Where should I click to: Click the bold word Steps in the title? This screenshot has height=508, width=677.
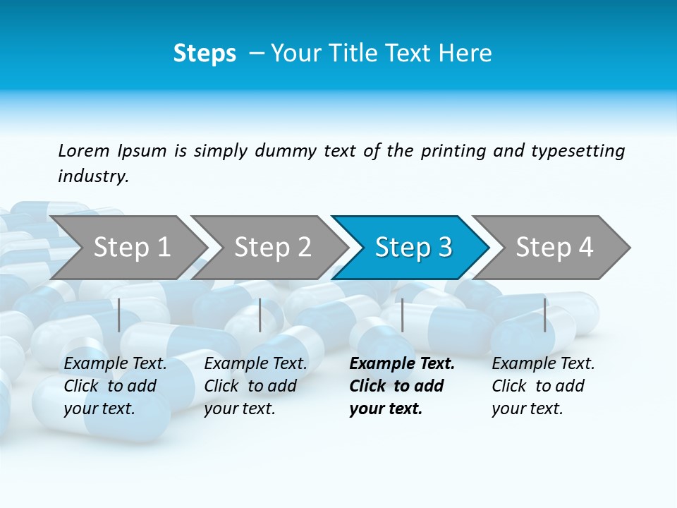(205, 54)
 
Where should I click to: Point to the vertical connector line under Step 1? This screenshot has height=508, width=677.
(119, 315)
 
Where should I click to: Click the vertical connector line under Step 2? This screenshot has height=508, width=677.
(260, 315)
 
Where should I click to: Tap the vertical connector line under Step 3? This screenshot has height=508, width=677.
(402, 315)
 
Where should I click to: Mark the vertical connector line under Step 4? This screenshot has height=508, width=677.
(544, 315)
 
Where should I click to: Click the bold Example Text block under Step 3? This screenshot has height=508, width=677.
(401, 386)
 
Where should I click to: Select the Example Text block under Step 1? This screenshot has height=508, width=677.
(115, 386)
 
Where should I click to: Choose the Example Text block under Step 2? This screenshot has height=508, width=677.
(255, 386)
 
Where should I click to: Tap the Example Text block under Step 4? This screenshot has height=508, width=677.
(543, 386)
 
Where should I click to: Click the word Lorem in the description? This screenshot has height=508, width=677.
(84, 150)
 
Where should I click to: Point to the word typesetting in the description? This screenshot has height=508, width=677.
(578, 151)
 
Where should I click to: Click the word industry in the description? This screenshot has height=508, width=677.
(92, 176)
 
